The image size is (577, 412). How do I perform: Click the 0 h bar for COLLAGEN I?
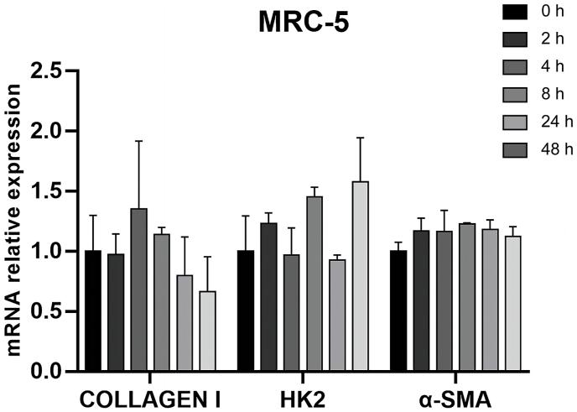pyautogui.click(x=94, y=310)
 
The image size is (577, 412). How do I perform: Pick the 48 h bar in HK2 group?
pyautogui.click(x=361, y=276)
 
